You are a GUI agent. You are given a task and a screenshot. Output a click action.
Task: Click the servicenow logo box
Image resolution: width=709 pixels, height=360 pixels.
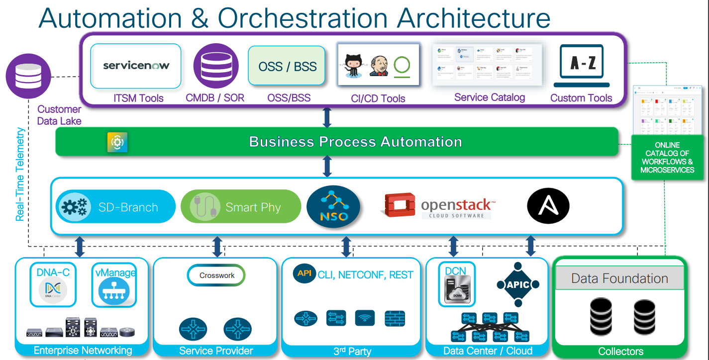pos(136,66)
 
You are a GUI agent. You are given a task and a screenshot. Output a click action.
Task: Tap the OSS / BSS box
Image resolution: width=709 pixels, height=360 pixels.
pos(287,66)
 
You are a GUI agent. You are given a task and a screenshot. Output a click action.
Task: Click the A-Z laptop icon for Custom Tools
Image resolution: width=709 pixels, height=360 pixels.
pos(581,63)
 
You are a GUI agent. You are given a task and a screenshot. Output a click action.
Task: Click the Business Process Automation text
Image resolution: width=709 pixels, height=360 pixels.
pos(355,142)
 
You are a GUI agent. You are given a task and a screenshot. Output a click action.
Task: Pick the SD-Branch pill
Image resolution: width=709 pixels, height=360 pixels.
pos(115,206)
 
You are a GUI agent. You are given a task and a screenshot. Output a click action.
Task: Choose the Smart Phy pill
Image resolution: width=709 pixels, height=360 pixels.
pos(241,206)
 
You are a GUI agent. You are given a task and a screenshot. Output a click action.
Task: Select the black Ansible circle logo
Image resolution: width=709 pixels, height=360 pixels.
pos(548,206)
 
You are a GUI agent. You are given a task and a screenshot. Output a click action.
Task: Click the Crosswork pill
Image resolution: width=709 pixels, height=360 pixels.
pos(216,275)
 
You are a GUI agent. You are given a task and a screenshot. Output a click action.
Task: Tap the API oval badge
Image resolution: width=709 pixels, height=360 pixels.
pos(304,274)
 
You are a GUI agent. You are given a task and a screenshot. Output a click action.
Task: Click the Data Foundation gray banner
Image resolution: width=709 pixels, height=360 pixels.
pos(619,278)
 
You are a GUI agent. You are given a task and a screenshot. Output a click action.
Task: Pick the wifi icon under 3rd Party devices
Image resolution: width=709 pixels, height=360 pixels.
pos(365,318)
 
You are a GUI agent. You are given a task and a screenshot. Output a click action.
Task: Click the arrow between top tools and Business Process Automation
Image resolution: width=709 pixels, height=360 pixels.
pos(327,117)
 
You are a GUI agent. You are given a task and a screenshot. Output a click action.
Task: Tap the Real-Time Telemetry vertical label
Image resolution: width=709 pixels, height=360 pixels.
pos(20,174)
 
